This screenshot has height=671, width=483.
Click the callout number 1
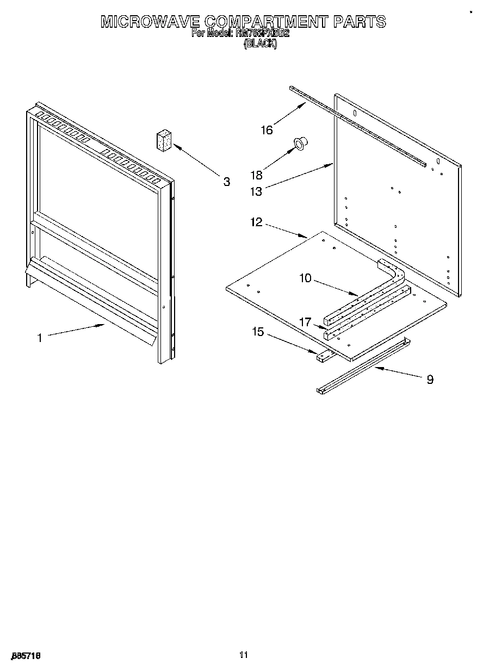click(39, 338)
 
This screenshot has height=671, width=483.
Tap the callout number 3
click(226, 182)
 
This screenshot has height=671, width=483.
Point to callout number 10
click(305, 278)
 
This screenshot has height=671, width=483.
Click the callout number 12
click(256, 222)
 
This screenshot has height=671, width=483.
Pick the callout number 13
click(256, 191)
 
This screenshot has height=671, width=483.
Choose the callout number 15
click(257, 332)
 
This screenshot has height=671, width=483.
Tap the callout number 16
click(267, 129)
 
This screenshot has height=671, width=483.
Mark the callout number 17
click(305, 322)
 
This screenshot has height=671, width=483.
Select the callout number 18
click(256, 175)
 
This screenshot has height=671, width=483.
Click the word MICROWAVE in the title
click(150, 22)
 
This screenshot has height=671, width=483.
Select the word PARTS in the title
click(359, 22)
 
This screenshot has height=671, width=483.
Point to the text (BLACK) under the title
click(260, 45)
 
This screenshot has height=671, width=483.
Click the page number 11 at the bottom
click(243, 655)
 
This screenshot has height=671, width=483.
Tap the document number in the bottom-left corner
click(26, 656)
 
